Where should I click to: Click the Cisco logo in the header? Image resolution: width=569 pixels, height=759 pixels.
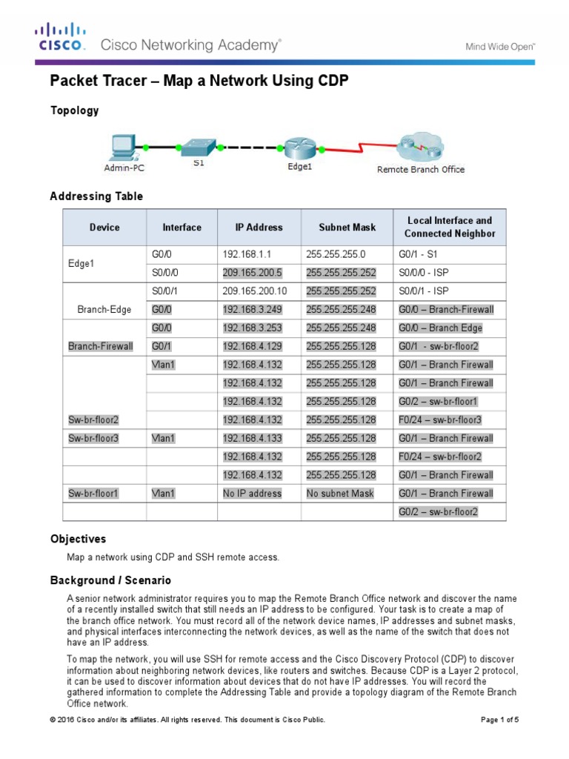61,37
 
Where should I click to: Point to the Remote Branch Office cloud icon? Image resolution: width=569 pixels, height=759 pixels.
419,148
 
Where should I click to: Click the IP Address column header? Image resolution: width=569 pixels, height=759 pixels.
259,228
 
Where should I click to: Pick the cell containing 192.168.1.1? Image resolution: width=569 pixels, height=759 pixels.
242,255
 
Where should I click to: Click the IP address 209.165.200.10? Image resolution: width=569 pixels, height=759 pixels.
252,291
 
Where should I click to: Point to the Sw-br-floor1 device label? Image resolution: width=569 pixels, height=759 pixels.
93,494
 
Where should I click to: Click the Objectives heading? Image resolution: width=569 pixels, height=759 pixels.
78,539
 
